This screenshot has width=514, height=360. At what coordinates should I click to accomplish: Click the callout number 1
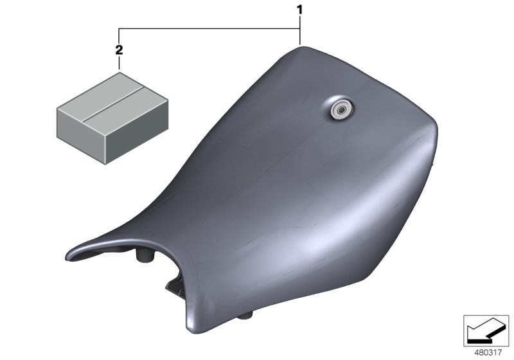coord(299,10)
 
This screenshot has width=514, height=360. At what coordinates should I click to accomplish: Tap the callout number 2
coord(119,50)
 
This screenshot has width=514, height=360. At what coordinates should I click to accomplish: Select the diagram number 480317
coord(488,352)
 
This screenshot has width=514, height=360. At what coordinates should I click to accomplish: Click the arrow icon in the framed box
coord(486,330)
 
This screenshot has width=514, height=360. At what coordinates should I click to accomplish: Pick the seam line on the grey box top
coord(113,104)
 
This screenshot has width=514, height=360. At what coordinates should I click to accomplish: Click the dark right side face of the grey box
coord(137,131)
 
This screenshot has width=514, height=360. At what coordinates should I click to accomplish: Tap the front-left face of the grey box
coord(81,135)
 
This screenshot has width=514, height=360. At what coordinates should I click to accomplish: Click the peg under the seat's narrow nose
coord(145,255)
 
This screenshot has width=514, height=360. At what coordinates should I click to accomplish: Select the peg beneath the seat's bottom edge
coord(245,316)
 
